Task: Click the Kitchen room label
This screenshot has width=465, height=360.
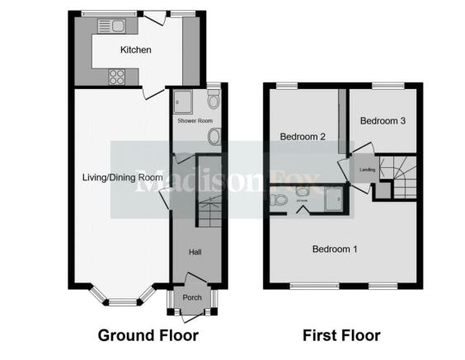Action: [x=136, y=50]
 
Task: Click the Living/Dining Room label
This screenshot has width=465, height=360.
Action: [x=122, y=177]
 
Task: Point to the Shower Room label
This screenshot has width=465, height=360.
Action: [x=195, y=121]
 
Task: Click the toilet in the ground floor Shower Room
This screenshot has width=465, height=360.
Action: [x=214, y=101]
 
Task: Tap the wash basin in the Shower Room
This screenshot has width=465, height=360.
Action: [x=214, y=136]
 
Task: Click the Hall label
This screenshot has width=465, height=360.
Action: [x=195, y=253]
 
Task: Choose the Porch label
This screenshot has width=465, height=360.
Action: [x=191, y=298]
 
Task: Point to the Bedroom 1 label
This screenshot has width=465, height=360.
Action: [x=334, y=248]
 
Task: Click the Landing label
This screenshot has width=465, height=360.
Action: [x=368, y=170]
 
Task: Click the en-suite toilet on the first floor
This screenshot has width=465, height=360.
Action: [x=280, y=199]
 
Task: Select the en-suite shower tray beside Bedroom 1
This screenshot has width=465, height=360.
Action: [x=334, y=200]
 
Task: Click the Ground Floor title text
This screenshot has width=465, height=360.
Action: [x=148, y=335]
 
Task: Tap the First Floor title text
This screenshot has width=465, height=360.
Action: [x=342, y=335]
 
